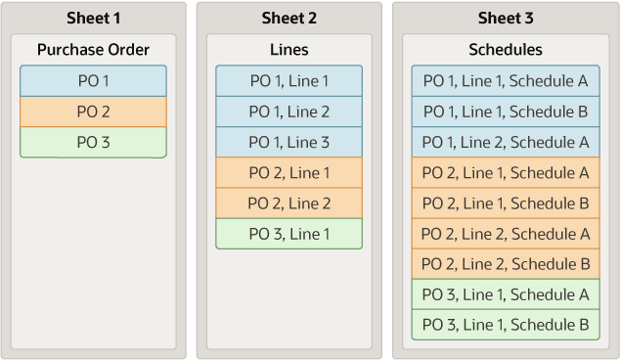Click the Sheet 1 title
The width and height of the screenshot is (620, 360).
pyautogui.click(x=93, y=19)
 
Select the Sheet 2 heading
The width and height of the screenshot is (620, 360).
pyautogui.click(x=289, y=19)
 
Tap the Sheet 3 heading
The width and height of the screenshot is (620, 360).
pyautogui.click(x=506, y=19)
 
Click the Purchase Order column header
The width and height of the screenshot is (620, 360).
pyautogui.click(x=93, y=49)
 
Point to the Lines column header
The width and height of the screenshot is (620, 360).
pyautogui.click(x=289, y=49)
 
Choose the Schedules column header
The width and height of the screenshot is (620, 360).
pyautogui.click(x=506, y=49)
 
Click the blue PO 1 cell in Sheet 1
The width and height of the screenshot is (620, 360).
pyautogui.click(x=93, y=81)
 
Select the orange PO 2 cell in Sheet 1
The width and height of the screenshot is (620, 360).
pyautogui.click(x=93, y=112)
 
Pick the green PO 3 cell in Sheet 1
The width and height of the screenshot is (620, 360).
pyautogui.click(x=93, y=142)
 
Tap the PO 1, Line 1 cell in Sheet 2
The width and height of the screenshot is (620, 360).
pyautogui.click(x=289, y=81)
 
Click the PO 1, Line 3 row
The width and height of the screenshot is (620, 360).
pyautogui.click(x=289, y=142)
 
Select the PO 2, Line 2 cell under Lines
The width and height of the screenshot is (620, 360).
pyautogui.click(x=289, y=203)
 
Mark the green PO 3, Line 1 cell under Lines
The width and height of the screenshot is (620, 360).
pyautogui.click(x=289, y=234)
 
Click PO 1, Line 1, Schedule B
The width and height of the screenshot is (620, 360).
pyautogui.click(x=506, y=112)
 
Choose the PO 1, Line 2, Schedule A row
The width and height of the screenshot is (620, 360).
pyautogui.click(x=506, y=142)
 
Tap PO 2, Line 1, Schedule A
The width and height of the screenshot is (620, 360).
pyautogui.click(x=506, y=173)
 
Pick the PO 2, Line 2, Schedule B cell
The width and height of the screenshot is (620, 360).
pyautogui.click(x=506, y=264)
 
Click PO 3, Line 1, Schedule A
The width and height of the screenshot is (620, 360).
pyautogui.click(x=506, y=294)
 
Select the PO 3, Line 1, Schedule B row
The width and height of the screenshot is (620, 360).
pyautogui.click(x=506, y=325)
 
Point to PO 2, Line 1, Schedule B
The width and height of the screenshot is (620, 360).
pyautogui.click(x=506, y=203)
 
